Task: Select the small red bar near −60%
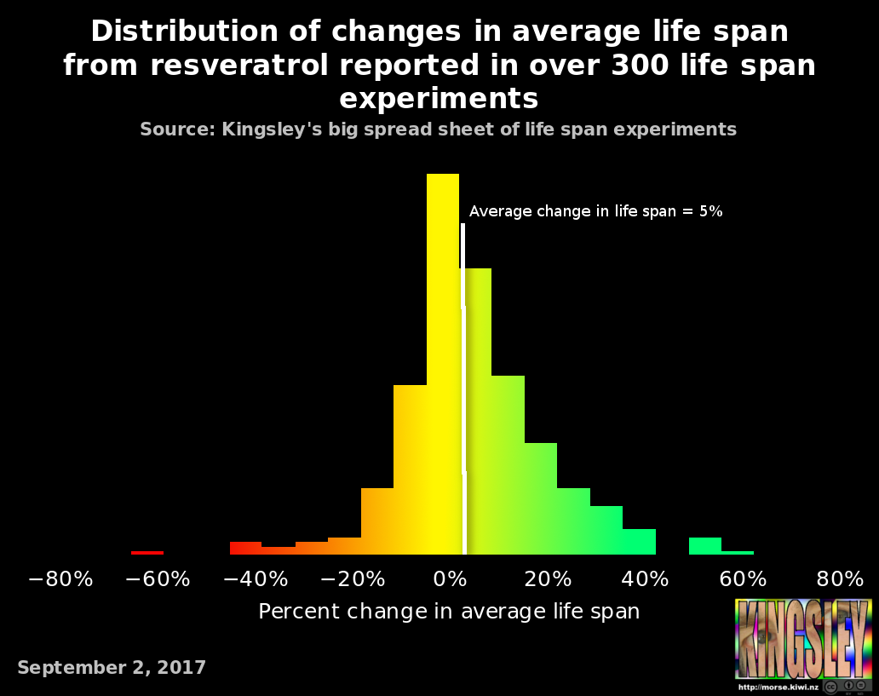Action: pos(147,552)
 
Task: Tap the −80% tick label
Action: pos(60,580)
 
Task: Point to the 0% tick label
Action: pos(451,580)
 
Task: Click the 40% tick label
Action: pos(645,580)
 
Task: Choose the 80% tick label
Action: pos(840,580)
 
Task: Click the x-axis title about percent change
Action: pos(449,612)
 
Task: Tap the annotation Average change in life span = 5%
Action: pos(595,212)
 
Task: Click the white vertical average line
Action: pos(463,392)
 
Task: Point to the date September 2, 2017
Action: pos(112,668)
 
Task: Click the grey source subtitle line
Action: pos(438,129)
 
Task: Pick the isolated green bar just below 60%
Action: pos(705,546)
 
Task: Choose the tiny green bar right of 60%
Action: pos(738,552)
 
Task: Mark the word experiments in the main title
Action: pos(439,99)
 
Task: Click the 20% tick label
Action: pos(548,580)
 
